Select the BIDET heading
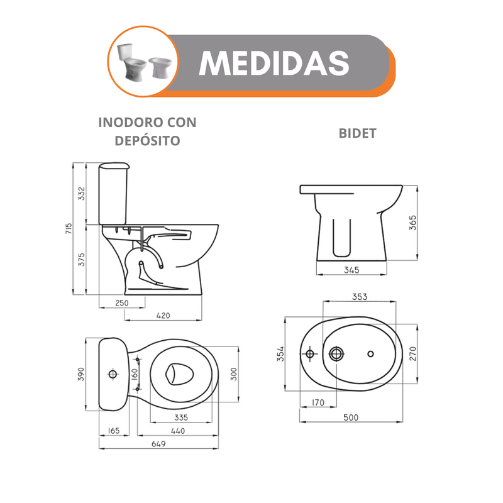click(357, 133)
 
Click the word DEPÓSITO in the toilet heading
click(147, 140)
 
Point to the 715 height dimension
click(69, 228)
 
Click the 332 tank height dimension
click(81, 193)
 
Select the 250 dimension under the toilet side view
click(122, 304)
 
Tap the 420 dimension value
click(163, 315)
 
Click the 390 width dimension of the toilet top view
click(80, 375)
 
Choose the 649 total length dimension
click(158, 444)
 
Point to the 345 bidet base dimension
click(351, 270)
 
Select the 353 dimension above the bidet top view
click(359, 296)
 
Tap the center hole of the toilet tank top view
click(113, 375)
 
